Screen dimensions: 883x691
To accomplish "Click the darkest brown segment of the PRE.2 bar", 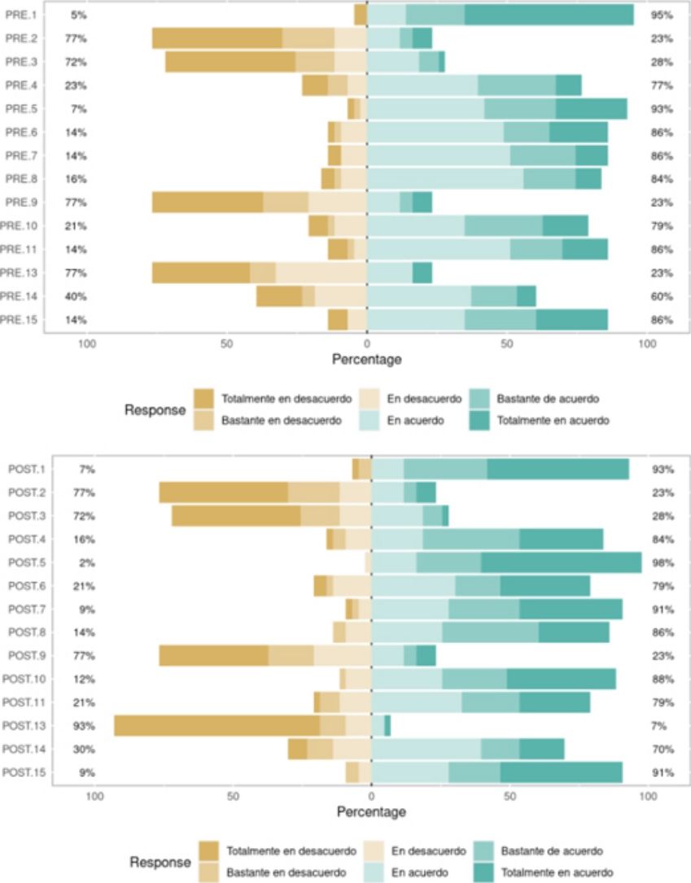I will (216, 38).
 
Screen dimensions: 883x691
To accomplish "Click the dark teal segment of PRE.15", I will (571, 320).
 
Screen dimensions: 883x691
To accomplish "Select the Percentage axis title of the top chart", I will (367, 358).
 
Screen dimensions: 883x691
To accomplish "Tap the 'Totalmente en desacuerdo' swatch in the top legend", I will (203, 399).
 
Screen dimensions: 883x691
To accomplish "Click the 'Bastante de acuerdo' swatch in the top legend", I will (479, 399).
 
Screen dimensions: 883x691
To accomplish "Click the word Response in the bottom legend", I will (160, 862).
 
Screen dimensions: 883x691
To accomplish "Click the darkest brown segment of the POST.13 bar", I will (216, 726).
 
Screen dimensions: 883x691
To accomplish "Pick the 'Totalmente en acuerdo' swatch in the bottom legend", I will (483, 872).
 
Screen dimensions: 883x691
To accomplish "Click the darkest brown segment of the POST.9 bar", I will (213, 656).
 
